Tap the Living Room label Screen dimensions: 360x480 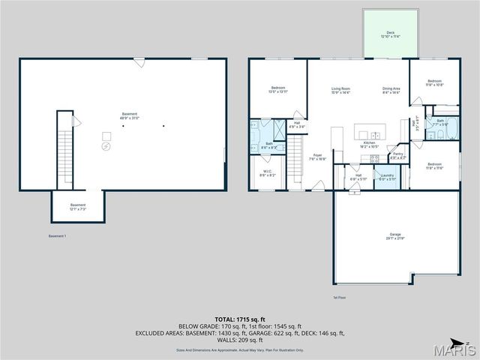(x=341, y=91)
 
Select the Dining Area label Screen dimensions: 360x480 (x=391, y=91)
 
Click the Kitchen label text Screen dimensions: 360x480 (x=369, y=144)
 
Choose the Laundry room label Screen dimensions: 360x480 (x=387, y=177)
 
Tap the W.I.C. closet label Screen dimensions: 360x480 (x=268, y=172)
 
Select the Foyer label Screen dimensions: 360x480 (x=318, y=157)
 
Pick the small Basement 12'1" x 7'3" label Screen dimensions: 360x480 (x=78, y=206)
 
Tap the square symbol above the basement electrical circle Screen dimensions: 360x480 (x=106, y=136)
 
